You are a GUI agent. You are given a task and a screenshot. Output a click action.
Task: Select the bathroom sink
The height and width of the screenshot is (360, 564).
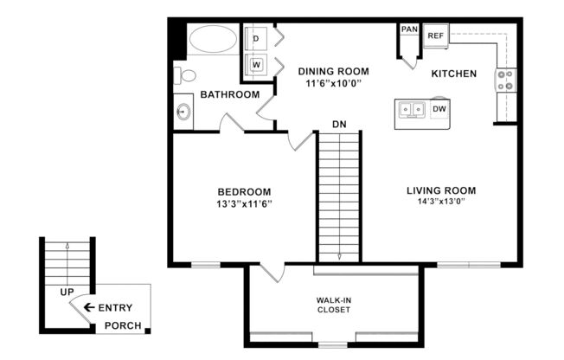pos(183,112)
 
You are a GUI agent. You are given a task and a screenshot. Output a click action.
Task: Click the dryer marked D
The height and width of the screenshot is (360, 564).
pos(257,38)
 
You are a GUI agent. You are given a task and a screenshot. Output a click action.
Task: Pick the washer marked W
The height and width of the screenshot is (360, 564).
pos(257,64)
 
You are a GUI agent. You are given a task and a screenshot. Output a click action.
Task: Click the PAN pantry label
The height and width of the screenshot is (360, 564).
pos(409,29)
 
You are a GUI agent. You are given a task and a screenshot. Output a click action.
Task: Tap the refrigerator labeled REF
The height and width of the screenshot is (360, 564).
pos(435,35)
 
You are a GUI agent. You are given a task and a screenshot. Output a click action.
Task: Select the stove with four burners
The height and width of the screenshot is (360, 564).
pos(504,80)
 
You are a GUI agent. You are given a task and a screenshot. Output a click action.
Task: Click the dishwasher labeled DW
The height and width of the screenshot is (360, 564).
pos(439,109)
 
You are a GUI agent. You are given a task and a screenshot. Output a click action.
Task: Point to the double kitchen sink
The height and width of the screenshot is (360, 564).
pos(411,109)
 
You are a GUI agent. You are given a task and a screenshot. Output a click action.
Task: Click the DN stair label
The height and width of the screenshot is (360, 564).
pos(339,125)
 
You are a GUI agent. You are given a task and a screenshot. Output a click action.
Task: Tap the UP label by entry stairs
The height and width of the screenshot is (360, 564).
pos(67,292)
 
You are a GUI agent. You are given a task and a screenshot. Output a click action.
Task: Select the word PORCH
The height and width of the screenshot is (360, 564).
pos(123,325)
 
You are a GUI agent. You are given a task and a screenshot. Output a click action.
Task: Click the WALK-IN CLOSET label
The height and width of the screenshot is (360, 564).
pos(333,305)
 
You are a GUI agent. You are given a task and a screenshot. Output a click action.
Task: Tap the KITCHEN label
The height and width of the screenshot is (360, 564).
pos(454,74)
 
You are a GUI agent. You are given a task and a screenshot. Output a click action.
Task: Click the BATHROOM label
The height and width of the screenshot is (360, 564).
pos(230,94)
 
